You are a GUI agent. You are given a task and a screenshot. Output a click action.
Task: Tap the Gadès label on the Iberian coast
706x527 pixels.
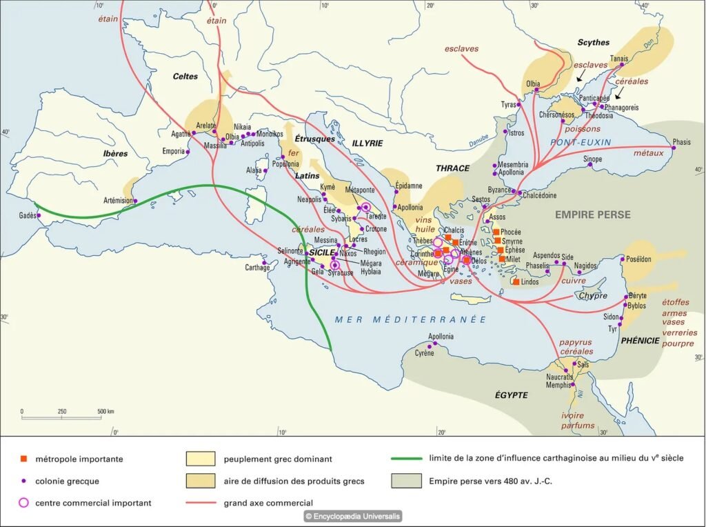click(28, 216)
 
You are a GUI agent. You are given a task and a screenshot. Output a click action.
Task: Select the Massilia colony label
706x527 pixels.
click(216, 146)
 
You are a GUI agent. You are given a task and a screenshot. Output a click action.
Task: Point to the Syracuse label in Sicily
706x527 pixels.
click(340, 273)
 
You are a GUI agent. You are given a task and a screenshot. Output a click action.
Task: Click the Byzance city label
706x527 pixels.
click(500, 190)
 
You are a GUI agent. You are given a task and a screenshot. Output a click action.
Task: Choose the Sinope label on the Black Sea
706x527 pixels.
click(592, 159)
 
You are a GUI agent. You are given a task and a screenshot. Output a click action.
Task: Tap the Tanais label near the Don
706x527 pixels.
click(618, 59)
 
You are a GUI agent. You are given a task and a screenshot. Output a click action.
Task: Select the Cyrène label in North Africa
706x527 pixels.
click(424, 353)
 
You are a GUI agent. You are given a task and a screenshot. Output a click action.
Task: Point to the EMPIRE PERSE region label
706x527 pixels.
click(593, 215)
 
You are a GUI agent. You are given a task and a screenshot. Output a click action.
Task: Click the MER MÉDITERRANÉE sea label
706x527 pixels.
click(410, 319)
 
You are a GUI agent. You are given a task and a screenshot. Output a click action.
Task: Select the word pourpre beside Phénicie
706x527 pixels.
click(678, 343)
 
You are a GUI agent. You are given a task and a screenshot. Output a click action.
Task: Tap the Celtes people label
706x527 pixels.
click(185, 77)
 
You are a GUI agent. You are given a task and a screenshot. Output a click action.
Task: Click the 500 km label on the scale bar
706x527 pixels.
click(105, 412)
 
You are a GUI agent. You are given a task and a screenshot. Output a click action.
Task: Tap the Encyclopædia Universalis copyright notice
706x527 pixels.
click(352, 516)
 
